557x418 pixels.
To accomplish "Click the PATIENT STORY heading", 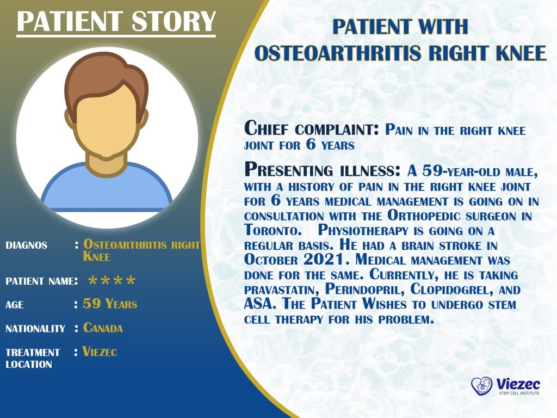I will [116, 21].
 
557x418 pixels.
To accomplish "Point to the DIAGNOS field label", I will [26, 245].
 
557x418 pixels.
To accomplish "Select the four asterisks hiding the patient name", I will [112, 281].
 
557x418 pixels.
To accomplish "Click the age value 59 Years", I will [110, 304].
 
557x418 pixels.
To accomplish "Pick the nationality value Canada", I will [103, 328].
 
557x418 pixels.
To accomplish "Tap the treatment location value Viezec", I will [100, 352].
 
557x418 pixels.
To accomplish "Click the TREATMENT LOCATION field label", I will [33, 358].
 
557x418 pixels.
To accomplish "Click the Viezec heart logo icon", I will [481, 386].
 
